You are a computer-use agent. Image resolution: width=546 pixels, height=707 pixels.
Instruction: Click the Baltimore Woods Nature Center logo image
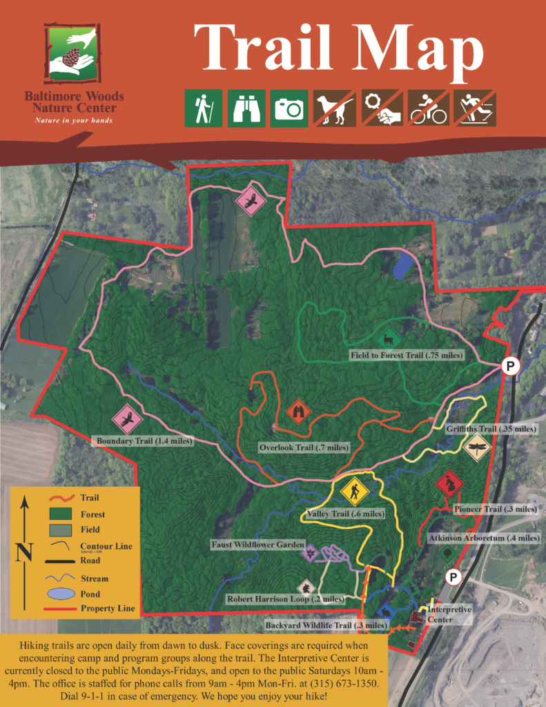[72, 54]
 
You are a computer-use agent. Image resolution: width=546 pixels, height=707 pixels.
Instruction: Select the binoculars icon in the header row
[246, 108]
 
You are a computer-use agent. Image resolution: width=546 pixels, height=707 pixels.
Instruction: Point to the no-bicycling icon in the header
[429, 108]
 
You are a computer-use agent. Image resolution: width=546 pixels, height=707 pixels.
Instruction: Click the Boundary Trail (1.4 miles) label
[145, 440]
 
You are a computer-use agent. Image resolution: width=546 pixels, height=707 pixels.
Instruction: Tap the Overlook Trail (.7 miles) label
[304, 447]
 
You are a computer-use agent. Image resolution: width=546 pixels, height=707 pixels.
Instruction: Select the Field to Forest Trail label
[406, 355]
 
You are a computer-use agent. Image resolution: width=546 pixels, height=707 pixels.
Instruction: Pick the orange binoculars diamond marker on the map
[299, 412]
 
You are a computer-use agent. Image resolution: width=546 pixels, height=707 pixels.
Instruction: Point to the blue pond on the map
[404, 266]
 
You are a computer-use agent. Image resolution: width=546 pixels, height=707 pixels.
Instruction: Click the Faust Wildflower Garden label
[257, 545]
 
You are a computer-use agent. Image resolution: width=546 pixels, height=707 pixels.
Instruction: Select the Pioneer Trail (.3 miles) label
[495, 510]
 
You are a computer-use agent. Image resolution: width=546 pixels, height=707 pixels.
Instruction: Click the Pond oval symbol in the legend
[61, 594]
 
